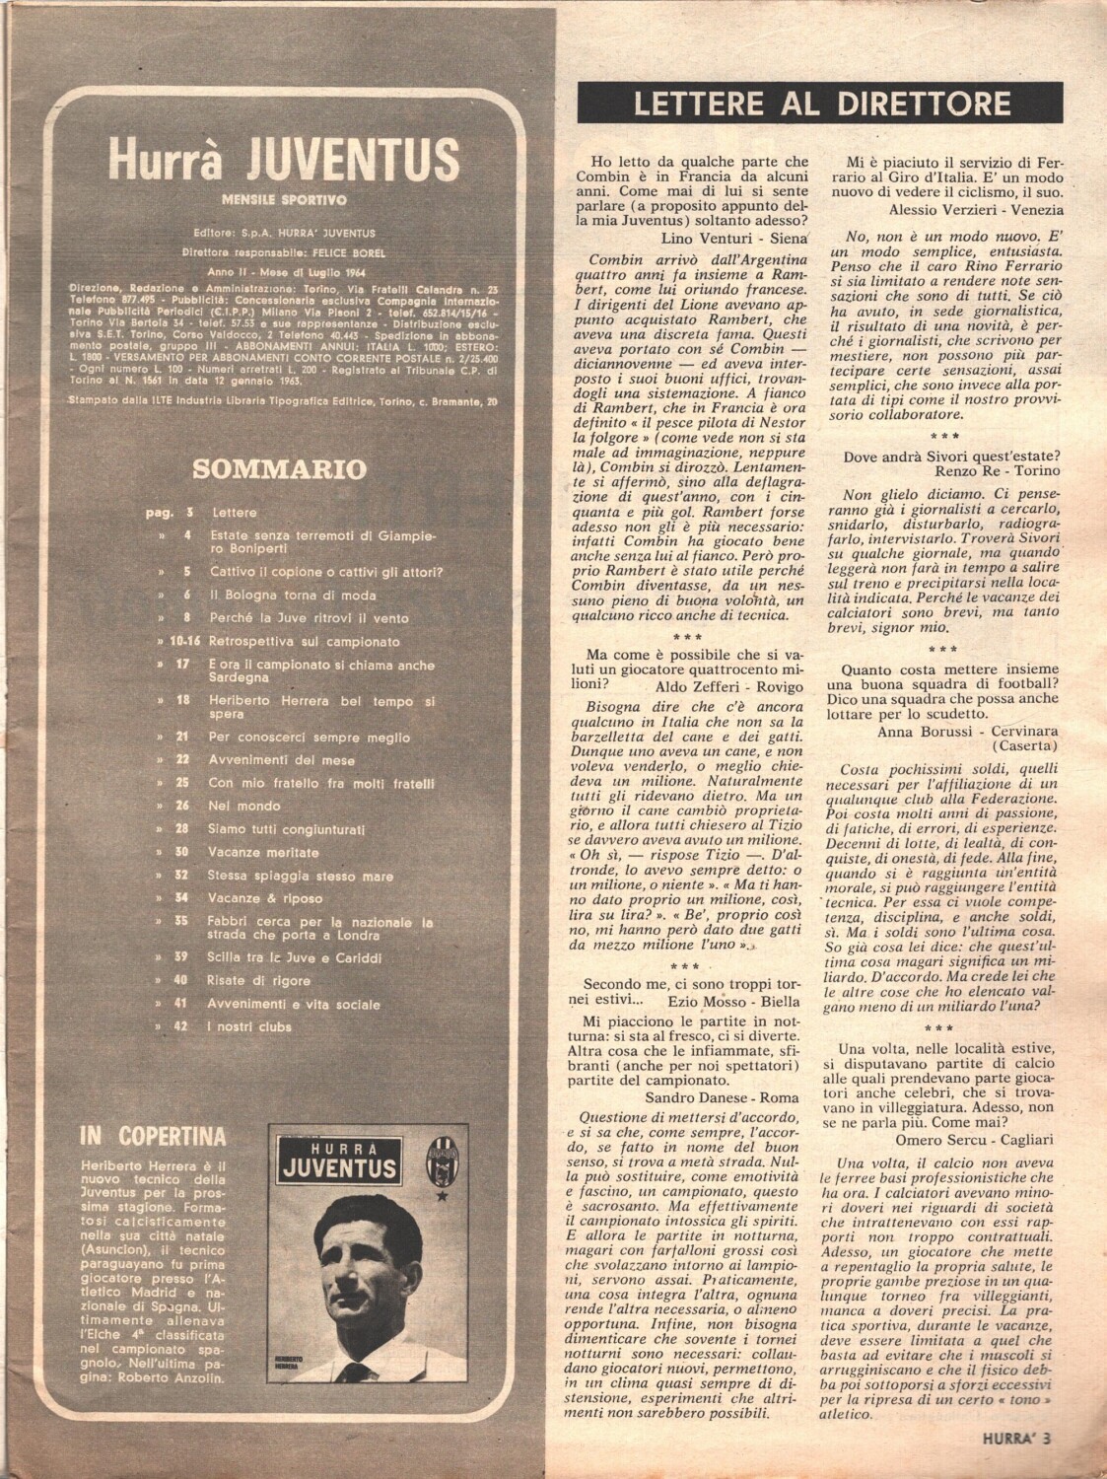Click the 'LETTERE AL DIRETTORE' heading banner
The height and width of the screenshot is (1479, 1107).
820,104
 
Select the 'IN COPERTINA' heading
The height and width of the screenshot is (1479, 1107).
153,1136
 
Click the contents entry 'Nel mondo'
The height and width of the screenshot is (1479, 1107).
245,806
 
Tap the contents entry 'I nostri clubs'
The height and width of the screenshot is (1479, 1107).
250,1026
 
